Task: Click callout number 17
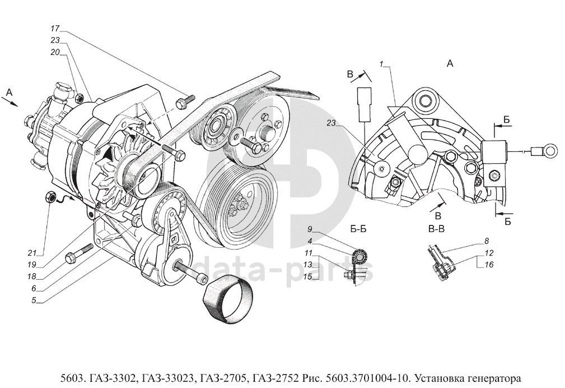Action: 54,28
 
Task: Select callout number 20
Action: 55,52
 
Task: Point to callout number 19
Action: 32,265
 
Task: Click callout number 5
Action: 34,300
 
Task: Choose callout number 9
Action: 310,229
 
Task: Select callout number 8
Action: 486,241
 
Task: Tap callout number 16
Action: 489,265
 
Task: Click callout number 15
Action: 308,276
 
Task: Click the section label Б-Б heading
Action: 358,229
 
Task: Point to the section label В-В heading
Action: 436,229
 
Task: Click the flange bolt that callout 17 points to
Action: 185,101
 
